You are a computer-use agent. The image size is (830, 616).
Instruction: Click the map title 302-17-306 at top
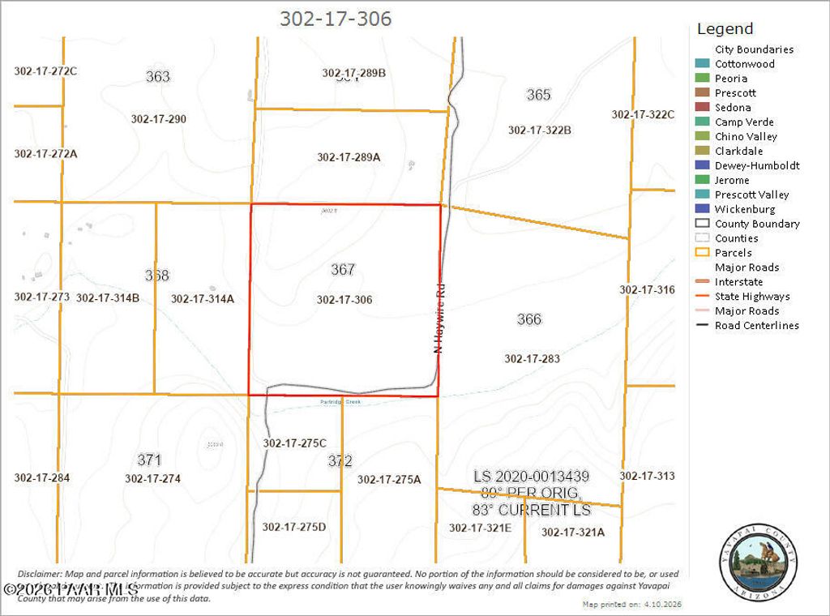pos(336,19)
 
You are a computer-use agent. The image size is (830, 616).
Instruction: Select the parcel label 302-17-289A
pos(349,157)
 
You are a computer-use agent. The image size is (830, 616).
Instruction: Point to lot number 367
pos(343,269)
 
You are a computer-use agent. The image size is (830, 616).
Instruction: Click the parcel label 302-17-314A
pos(202,298)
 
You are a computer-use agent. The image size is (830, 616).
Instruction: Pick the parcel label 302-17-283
pos(532,358)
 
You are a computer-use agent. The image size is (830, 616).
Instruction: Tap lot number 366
pos(529,319)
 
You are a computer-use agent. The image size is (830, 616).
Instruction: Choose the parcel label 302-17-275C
pos(294,443)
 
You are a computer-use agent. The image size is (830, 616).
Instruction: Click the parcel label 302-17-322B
pos(540,130)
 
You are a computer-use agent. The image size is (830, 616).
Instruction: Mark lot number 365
pos(539,95)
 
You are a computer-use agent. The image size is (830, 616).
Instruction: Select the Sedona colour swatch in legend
pos(702,107)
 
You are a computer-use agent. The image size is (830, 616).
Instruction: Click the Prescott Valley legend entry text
pos(751,195)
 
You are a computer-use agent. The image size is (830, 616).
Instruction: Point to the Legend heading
pos(725,28)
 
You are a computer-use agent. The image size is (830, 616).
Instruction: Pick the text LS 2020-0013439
pos(531,477)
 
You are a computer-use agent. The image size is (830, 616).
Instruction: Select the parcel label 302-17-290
pos(159,119)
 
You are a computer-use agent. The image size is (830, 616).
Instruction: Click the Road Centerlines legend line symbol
pos(702,326)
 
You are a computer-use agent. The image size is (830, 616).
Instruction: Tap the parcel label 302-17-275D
pos(294,527)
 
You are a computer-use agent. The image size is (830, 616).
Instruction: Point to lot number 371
pos(149,460)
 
